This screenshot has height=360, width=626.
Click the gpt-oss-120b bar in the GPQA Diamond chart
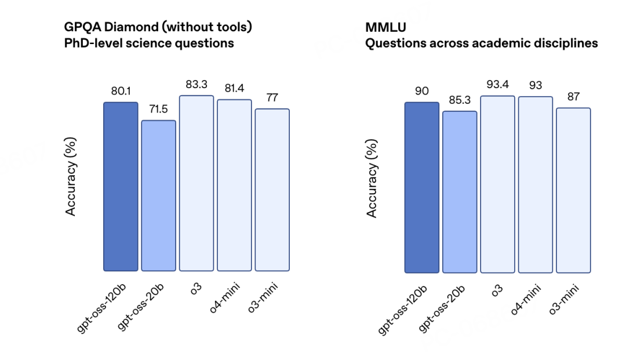(121, 187)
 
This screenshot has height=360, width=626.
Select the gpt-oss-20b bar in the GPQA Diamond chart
(158, 195)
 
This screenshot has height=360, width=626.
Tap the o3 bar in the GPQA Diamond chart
(196, 183)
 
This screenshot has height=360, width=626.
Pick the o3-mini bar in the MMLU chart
(573, 190)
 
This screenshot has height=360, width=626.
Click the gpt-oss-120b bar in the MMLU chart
(421, 188)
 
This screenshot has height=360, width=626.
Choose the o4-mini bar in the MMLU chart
(536, 185)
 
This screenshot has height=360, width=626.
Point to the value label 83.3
(196, 85)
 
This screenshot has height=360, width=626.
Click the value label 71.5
(158, 109)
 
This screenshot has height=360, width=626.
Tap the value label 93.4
(497, 84)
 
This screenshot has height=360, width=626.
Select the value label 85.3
(460, 100)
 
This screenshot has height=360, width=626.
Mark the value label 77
(272, 98)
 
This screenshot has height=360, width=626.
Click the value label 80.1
(121, 91)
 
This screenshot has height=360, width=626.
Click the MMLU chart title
(385, 27)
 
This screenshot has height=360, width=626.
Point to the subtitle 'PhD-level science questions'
(149, 43)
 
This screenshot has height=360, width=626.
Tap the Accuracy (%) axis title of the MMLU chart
(372, 179)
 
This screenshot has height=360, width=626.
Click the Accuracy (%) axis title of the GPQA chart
(70, 176)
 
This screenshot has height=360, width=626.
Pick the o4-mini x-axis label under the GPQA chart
(225, 298)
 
